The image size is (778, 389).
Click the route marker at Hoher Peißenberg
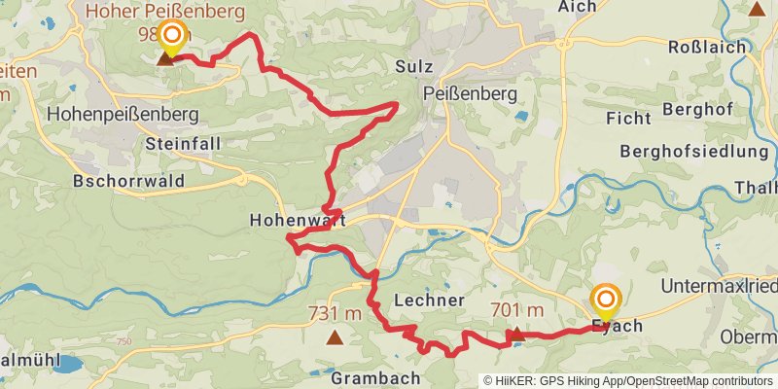pyautogui.click(x=172, y=39)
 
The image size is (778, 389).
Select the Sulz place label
pyautogui.click(x=413, y=67)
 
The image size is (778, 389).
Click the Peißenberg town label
pyautogui.click(x=472, y=92)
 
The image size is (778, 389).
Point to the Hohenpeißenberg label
pyautogui.click(x=123, y=115)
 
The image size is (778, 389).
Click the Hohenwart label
pyautogui.click(x=284, y=220)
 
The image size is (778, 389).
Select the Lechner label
pyautogui.click(x=430, y=300)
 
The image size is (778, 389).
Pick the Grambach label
pyautogui.click(x=375, y=377)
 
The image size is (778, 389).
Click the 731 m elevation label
pyautogui.click(x=335, y=313)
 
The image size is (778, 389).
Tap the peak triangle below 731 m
pyautogui.click(x=335, y=338)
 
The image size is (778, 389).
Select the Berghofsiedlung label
pyautogui.click(x=693, y=152)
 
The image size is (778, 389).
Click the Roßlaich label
pyautogui.click(x=708, y=47)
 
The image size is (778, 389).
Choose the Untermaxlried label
pyautogui.click(x=718, y=286)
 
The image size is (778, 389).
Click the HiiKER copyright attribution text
pyautogui.click(x=627, y=381)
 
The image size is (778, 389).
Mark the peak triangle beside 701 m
pyautogui.click(x=516, y=334)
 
